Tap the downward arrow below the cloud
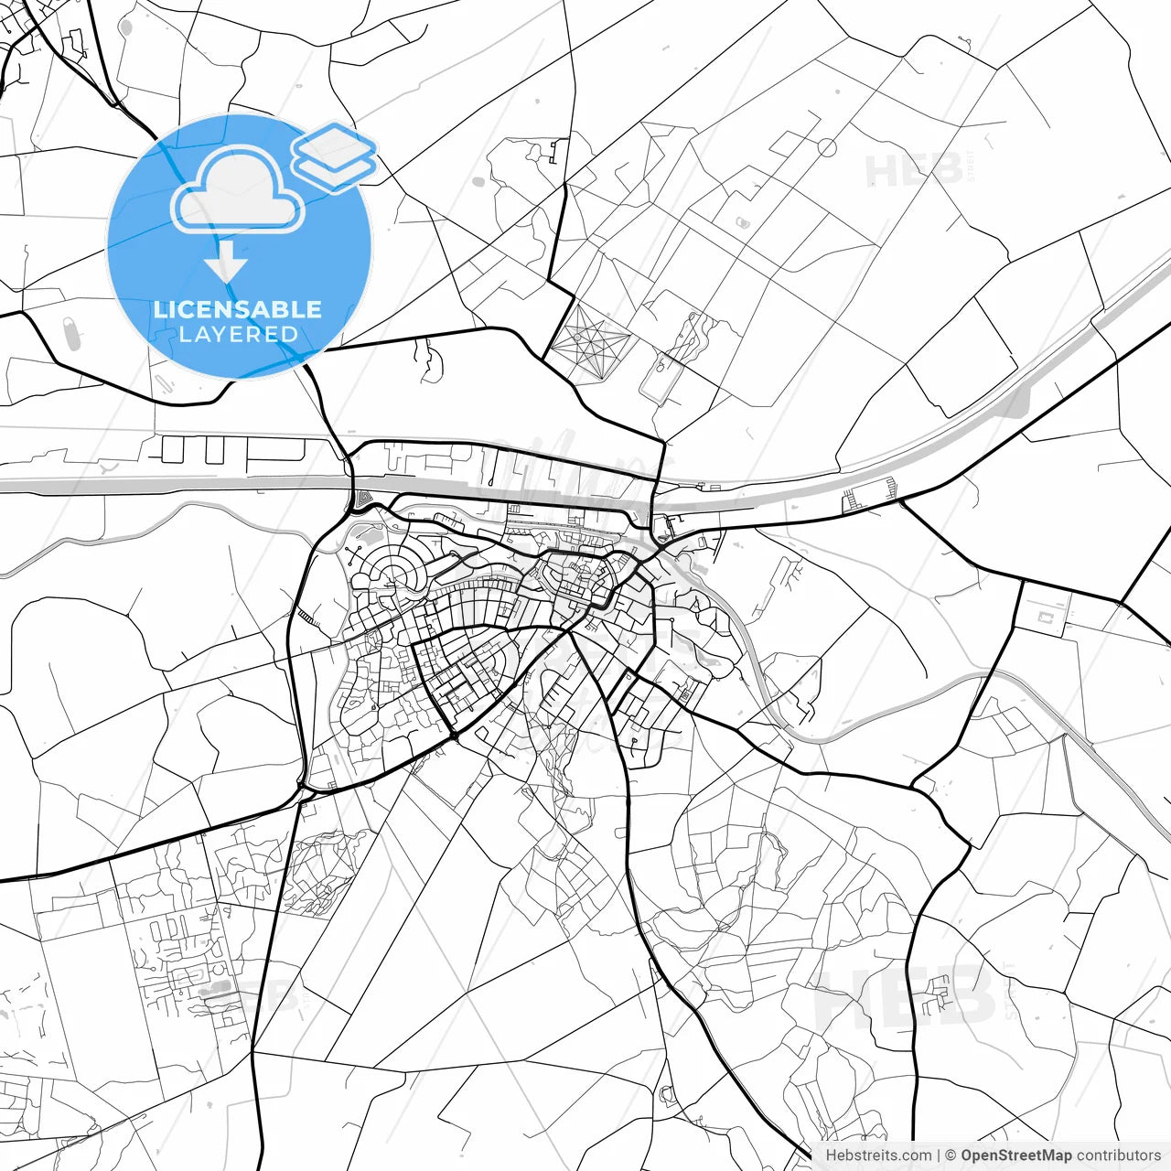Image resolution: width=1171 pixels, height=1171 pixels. (x=225, y=266)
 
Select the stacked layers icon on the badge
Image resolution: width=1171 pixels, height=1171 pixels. (x=334, y=156)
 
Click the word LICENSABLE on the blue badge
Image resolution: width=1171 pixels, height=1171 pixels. (x=238, y=309)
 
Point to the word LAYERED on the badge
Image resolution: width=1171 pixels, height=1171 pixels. (x=238, y=334)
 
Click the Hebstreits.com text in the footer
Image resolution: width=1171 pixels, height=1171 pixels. (x=878, y=1155)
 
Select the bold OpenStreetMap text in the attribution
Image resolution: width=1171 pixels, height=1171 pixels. (x=1016, y=1155)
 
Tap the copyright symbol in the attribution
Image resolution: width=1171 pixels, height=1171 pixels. (x=951, y=1155)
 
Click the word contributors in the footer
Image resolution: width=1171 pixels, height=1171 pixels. (x=1119, y=1155)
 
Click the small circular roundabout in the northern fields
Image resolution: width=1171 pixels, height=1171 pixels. (x=827, y=146)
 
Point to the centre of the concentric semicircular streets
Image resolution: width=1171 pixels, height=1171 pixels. (x=394, y=576)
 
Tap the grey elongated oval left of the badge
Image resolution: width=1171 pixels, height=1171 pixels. (x=70, y=334)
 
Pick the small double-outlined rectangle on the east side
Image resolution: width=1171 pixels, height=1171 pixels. (x=1045, y=618)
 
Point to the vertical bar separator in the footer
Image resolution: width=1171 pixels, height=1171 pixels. (x=939, y=1155)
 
